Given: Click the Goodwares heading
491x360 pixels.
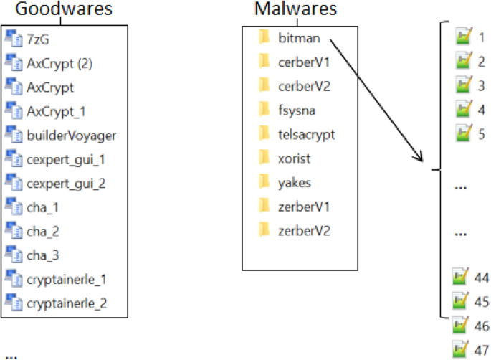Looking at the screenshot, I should (65, 10).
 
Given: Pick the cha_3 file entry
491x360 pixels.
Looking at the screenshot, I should (44, 255).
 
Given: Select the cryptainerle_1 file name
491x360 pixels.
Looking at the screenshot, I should (66, 278).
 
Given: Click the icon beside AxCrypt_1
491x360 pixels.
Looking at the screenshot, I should (14, 110).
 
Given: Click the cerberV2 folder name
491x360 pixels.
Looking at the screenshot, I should (303, 86).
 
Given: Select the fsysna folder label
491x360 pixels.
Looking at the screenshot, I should (297, 110).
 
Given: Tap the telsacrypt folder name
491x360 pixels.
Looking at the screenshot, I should (306, 134).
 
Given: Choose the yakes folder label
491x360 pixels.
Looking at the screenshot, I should (294, 182).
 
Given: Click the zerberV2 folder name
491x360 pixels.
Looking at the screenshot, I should (304, 230).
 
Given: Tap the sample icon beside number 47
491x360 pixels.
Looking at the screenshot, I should (459, 350).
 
